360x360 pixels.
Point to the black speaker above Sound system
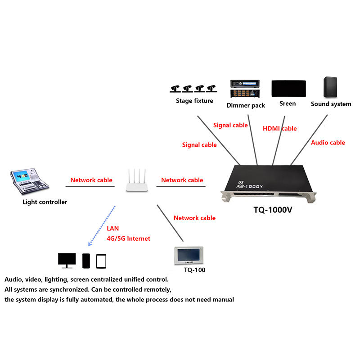[x=330, y=87]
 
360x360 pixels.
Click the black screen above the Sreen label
[x=288, y=89]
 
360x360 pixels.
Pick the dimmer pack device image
[x=245, y=89]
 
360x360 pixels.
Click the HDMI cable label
[x=279, y=129]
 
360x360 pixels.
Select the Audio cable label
[x=328, y=143]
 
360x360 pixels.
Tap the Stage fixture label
[x=194, y=101]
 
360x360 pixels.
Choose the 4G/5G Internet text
[x=128, y=238]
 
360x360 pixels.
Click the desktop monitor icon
[x=67, y=260]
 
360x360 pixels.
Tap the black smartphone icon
[x=86, y=261]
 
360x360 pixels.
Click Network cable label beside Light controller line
[x=91, y=180]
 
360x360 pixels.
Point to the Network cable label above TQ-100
[x=194, y=218]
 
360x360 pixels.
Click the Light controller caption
[x=45, y=202]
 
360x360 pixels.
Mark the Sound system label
[x=331, y=104]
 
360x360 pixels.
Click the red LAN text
[x=113, y=229]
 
